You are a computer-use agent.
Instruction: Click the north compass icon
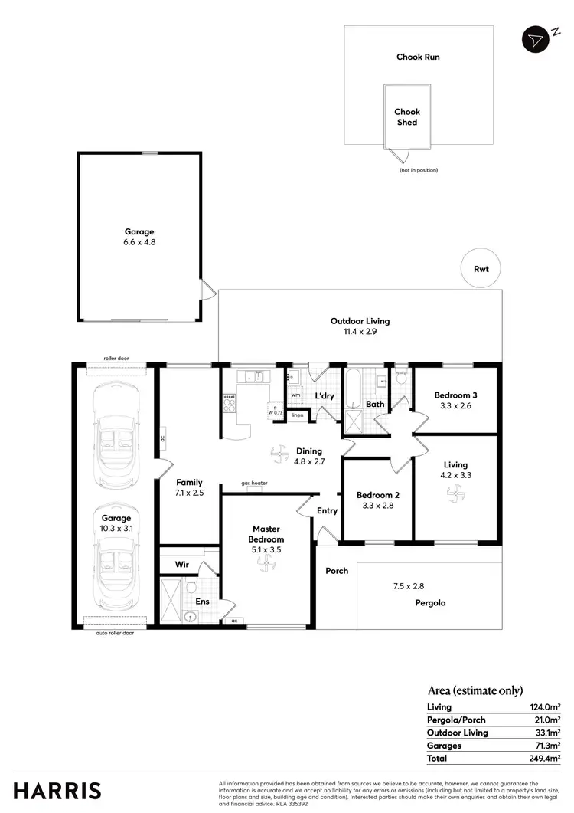click(535, 39)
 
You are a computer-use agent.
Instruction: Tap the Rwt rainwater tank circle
click(481, 269)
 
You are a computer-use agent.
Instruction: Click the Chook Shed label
click(407, 117)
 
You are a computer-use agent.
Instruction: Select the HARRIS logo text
click(57, 790)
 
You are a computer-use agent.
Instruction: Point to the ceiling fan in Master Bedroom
click(266, 565)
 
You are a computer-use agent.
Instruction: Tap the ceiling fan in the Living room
click(455, 496)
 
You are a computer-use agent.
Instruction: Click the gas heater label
click(253, 484)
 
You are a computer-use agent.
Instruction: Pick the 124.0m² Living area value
click(546, 707)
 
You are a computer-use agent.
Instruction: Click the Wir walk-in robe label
click(182, 564)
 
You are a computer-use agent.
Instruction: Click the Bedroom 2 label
click(378, 495)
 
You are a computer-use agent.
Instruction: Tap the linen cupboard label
click(298, 415)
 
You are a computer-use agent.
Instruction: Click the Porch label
click(337, 571)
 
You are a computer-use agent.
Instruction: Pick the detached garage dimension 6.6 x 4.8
click(140, 242)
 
